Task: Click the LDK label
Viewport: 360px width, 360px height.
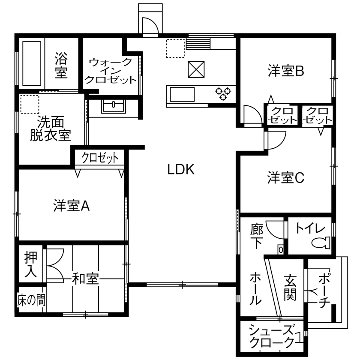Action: coord(181,170)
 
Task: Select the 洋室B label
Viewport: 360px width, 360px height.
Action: coord(286,71)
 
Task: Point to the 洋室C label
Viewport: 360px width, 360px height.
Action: coord(286,177)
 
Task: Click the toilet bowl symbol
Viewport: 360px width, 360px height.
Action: coord(321,243)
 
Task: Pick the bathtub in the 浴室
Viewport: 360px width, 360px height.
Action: coord(32,63)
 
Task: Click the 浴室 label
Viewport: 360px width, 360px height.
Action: coord(61,65)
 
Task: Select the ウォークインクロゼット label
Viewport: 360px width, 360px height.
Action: coord(111,71)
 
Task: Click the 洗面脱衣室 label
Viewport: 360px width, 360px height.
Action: coord(50,128)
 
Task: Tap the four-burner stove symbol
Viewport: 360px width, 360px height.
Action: coord(223,93)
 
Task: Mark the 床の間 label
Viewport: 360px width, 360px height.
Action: coord(31,300)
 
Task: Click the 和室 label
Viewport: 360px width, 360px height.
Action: coord(85,279)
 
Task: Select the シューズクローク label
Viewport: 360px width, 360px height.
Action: coord(272,336)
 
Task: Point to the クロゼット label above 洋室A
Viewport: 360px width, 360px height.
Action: coord(100,158)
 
